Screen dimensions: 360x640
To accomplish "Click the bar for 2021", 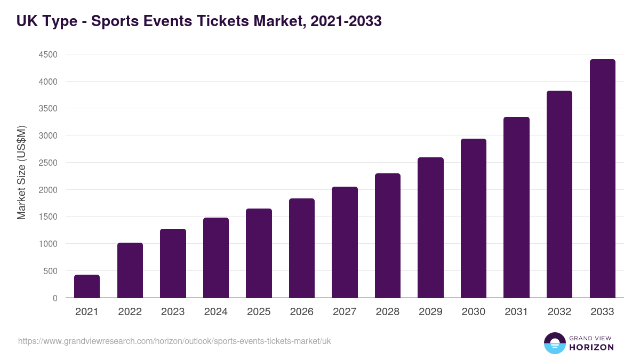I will [x=87, y=286].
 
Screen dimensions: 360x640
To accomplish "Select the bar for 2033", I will [x=602, y=179].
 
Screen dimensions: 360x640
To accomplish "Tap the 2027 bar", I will [x=345, y=242].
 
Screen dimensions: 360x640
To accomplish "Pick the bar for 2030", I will [x=474, y=218].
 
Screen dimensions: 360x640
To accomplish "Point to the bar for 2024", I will [x=216, y=258].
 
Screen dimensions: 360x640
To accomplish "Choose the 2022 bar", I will [x=130, y=270].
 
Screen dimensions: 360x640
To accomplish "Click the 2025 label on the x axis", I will [x=259, y=312].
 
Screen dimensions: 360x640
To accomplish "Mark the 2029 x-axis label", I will [x=430, y=312].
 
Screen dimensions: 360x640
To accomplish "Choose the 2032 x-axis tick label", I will [x=559, y=312].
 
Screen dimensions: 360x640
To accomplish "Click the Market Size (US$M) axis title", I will [x=21, y=172].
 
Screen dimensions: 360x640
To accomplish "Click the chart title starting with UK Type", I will [x=199, y=21].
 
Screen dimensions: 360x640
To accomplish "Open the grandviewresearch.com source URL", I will [x=174, y=341].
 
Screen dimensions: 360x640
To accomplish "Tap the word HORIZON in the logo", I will [x=591, y=347].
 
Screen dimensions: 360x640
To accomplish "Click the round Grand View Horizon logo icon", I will [x=554, y=343].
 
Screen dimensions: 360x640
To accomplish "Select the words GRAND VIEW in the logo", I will [x=591, y=338].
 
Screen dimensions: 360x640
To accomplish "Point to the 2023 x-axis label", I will [x=173, y=312].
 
